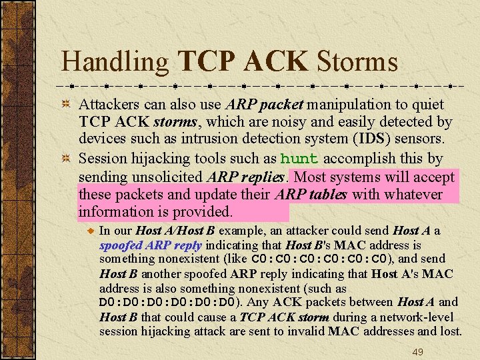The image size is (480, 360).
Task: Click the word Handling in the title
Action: pyautogui.click(x=115, y=62)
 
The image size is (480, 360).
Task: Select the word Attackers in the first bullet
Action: pyautogui.click(x=110, y=105)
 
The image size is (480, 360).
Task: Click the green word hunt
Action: pyautogui.click(x=299, y=159)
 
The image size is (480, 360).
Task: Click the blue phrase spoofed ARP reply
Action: pyautogui.click(x=150, y=245)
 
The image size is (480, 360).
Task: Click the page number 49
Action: pyautogui.click(x=417, y=351)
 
